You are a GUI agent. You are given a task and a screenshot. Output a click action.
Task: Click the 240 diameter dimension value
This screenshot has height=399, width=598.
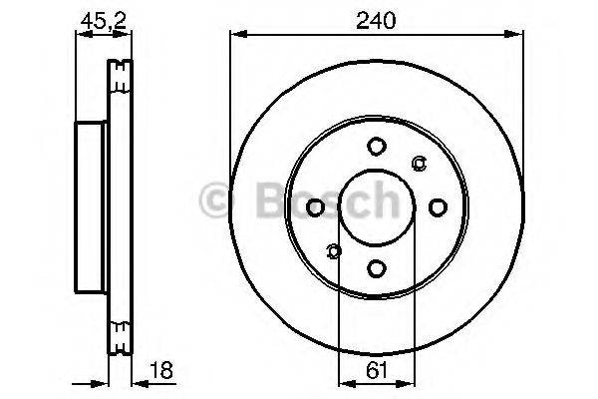(377, 16)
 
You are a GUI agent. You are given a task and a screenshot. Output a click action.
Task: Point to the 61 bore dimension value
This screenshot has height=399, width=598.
(376, 370)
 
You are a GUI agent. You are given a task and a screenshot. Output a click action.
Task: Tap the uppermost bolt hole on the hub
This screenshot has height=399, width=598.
(376, 146)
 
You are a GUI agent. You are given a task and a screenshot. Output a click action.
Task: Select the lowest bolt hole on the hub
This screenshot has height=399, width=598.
(376, 267)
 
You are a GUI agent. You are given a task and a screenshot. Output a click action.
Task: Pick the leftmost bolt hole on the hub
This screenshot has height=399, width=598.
(315, 206)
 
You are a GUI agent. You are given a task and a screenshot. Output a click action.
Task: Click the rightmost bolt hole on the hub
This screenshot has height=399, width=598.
(437, 206)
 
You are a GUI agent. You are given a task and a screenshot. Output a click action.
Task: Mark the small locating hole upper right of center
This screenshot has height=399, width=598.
(419, 164)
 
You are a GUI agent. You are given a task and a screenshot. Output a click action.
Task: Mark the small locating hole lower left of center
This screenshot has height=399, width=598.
(333, 249)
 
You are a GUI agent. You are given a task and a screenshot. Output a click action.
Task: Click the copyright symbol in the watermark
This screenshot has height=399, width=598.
(215, 199)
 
